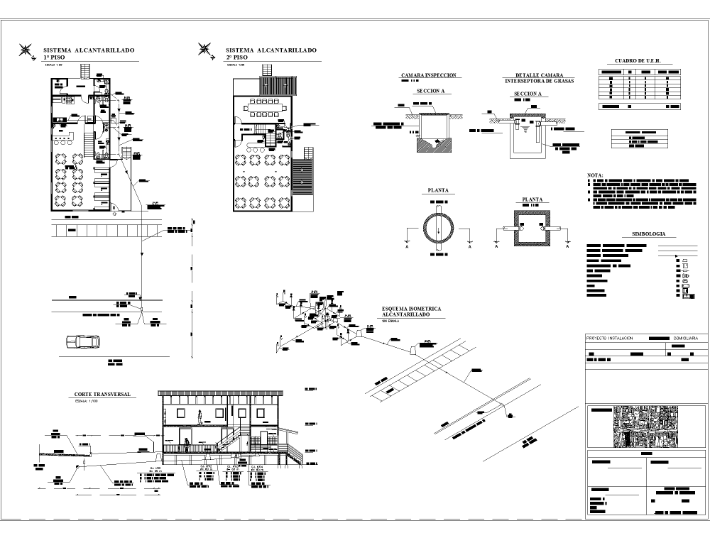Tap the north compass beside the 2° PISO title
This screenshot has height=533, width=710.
206,50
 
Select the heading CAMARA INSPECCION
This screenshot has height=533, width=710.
428,75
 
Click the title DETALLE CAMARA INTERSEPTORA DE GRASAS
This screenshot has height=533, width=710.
539,77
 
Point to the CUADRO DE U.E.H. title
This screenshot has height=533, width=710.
638,61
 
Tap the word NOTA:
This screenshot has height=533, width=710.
595,175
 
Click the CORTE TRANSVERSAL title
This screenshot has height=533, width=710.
102,394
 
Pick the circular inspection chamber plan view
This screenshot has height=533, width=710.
437,229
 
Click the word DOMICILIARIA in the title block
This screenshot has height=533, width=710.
688,339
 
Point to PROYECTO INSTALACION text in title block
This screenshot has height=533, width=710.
609,339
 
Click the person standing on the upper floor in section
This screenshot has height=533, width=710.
201,414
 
